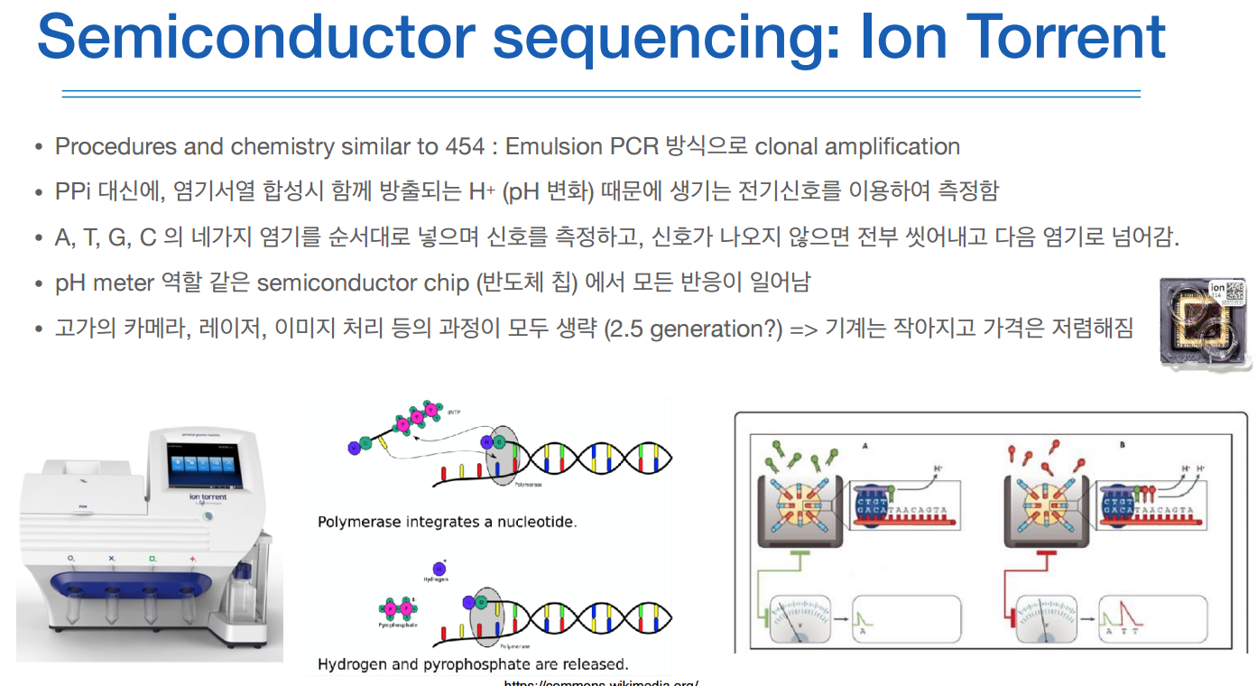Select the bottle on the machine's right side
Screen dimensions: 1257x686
[243, 597]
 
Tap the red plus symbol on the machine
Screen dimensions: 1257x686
[192, 559]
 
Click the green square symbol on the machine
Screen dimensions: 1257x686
[153, 559]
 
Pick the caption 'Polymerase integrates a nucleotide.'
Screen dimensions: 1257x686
[447, 522]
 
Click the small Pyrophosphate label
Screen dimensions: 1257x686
[395, 625]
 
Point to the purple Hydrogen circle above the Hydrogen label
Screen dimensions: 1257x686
[439, 569]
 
